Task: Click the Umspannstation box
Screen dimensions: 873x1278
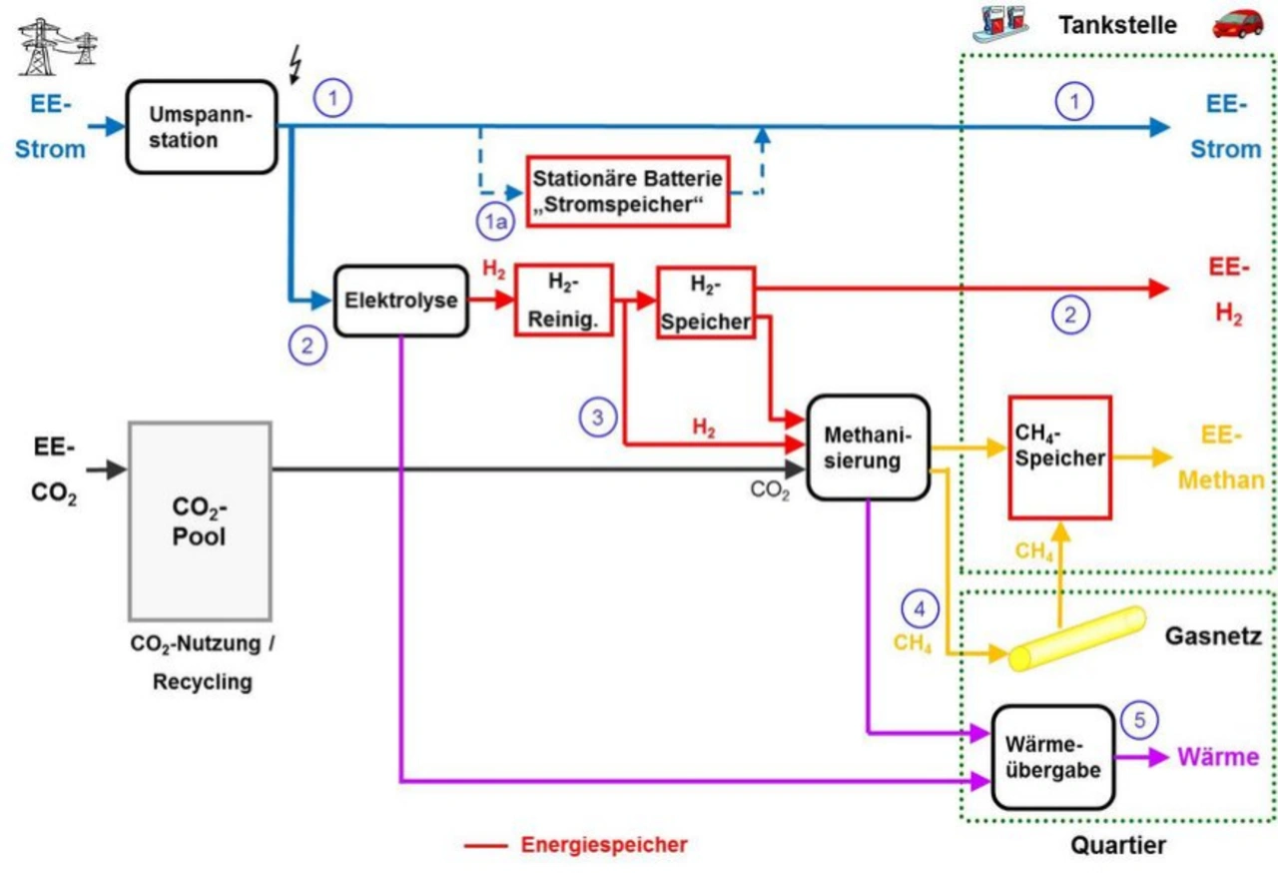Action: (201, 127)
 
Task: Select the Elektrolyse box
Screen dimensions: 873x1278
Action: (400, 300)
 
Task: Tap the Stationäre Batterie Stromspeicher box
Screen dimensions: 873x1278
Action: (627, 191)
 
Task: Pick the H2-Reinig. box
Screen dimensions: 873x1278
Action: (563, 300)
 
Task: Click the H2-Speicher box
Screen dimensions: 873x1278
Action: (705, 302)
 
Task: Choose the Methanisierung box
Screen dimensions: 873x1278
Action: (867, 446)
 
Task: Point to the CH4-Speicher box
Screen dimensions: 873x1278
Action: (1059, 457)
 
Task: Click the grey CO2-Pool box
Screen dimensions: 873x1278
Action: (200, 520)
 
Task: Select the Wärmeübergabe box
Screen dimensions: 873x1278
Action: (1052, 757)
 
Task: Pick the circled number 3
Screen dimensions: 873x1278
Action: (597, 418)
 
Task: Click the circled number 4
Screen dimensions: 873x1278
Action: (920, 606)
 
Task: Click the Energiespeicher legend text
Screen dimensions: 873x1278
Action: (603, 844)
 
